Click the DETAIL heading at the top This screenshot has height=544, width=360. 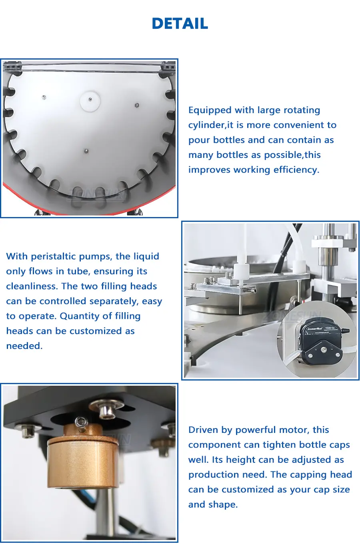tap(180, 24)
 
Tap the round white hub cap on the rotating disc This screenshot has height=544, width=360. tap(90, 101)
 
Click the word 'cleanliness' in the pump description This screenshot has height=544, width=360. tap(32, 286)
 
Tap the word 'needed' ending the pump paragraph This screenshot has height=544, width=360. tap(24, 346)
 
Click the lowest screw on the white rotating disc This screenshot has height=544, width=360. tap(86, 151)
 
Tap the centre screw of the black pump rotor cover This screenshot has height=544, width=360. tap(323, 350)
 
